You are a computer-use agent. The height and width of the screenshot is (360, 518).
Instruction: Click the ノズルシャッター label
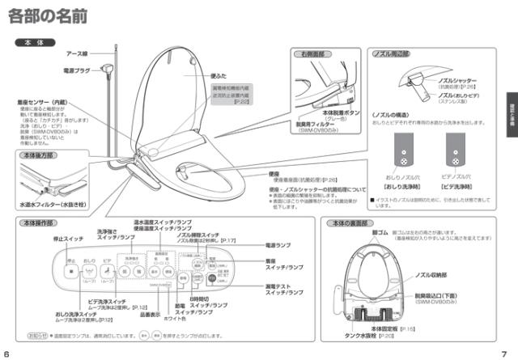tap(462, 82)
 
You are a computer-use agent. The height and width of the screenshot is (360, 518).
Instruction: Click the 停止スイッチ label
tap(68, 239)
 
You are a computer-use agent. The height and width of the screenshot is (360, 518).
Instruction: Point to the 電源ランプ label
tap(278, 244)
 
